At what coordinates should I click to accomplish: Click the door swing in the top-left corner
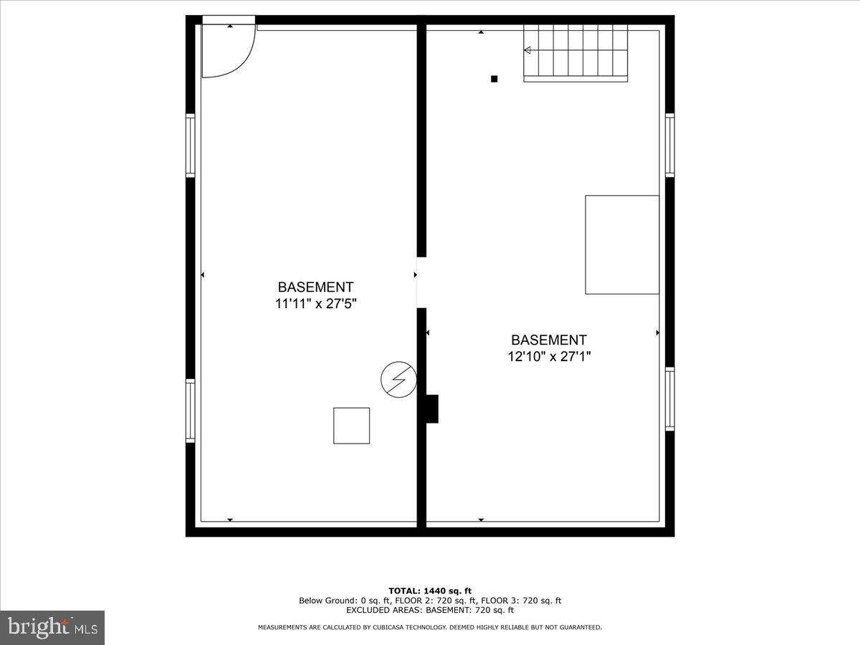[228, 50]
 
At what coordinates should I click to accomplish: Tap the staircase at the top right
[576, 52]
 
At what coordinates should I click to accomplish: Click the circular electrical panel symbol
[398, 379]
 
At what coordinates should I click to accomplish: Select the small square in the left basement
[352, 426]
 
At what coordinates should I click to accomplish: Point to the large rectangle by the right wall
[622, 244]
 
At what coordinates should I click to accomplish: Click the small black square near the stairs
[494, 79]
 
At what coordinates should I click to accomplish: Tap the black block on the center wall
[431, 408]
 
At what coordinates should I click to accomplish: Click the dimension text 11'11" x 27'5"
[316, 304]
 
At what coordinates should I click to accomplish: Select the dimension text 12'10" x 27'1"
[549, 356]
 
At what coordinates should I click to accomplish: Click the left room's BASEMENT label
[316, 287]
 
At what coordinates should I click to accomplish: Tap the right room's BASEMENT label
[549, 340]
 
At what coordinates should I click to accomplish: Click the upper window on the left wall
[191, 145]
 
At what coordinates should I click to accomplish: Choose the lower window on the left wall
[191, 411]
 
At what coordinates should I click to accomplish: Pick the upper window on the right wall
[669, 145]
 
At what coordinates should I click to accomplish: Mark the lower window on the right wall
[669, 398]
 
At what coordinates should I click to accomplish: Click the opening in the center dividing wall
[422, 282]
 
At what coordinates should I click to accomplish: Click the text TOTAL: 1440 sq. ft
[430, 591]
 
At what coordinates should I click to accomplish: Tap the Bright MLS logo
[52, 627]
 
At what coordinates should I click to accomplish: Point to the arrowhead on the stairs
[527, 50]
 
